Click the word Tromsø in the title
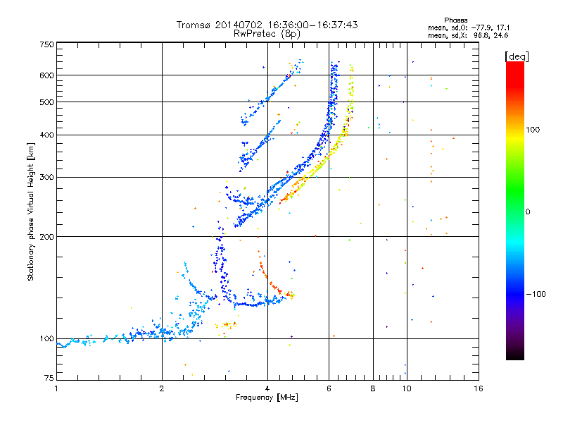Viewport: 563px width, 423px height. (193, 25)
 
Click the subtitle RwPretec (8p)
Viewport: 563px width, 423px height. (267, 34)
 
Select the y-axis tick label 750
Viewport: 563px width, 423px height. (46, 44)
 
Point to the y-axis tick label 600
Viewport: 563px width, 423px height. (46, 75)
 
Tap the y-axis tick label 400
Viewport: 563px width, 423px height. (46, 135)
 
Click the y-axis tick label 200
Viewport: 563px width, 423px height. (46, 237)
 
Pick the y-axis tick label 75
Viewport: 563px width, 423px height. (49, 378)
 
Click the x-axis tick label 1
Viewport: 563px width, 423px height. (56, 388)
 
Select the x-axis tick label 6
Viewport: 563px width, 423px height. (329, 388)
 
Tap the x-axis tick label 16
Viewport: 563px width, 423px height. (479, 388)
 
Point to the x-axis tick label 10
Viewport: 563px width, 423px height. (407, 388)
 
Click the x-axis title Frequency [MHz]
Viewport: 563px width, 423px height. (267, 398)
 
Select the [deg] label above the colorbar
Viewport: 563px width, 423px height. (517, 57)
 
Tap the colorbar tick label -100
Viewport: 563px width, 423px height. (536, 294)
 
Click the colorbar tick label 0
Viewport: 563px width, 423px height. (528, 212)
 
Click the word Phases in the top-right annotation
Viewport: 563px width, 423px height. (455, 20)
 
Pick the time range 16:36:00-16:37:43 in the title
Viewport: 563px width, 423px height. (312, 25)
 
